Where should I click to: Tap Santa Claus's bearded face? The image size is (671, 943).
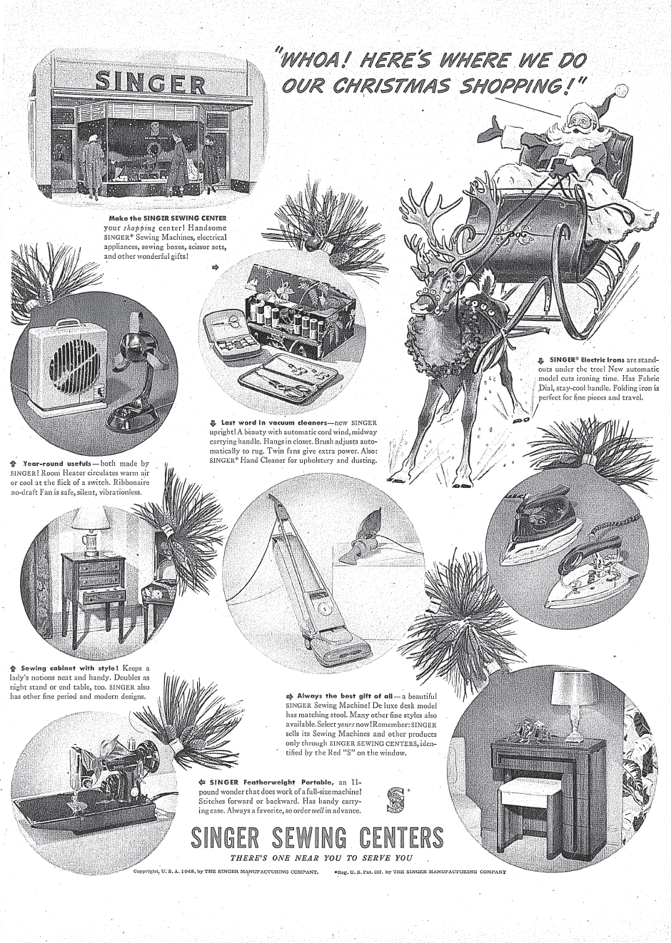tap(580, 122)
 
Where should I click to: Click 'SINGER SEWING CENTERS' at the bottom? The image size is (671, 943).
tap(318, 837)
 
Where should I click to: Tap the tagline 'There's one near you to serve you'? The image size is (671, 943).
tap(321, 857)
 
